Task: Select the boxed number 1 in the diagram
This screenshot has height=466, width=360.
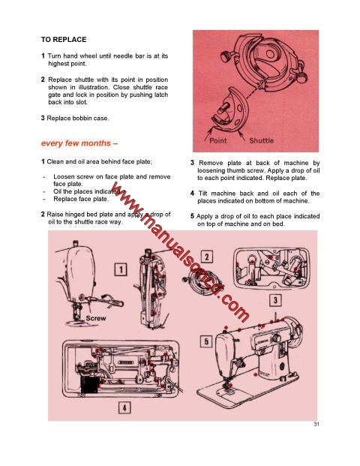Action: (x=119, y=269)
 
